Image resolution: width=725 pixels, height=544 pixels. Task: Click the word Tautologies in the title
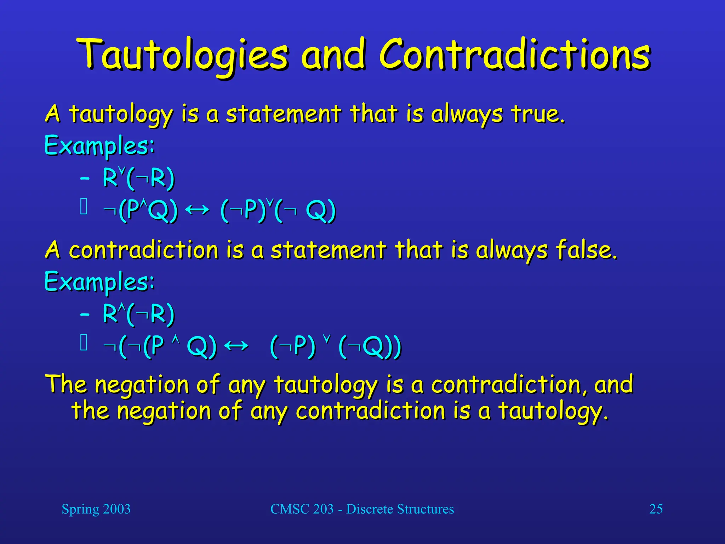click(x=182, y=55)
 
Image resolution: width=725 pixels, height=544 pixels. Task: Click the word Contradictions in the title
click(x=514, y=55)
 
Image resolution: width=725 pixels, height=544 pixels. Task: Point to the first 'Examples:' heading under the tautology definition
click(x=99, y=145)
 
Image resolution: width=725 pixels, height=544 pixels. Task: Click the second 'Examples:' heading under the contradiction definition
click(x=99, y=282)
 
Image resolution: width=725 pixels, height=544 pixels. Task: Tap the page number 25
click(x=656, y=509)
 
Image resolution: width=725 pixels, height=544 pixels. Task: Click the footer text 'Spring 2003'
click(x=96, y=509)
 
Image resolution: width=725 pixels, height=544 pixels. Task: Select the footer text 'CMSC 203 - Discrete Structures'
click(x=362, y=509)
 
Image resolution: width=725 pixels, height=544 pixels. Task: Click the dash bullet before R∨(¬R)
click(x=85, y=178)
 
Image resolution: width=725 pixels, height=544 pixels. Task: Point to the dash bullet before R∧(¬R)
click(x=85, y=314)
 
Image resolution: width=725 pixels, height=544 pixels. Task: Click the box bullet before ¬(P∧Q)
click(x=84, y=207)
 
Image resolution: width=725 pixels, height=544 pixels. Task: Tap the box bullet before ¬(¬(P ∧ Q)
click(x=84, y=343)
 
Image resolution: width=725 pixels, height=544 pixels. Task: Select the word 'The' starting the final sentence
click(x=66, y=384)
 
